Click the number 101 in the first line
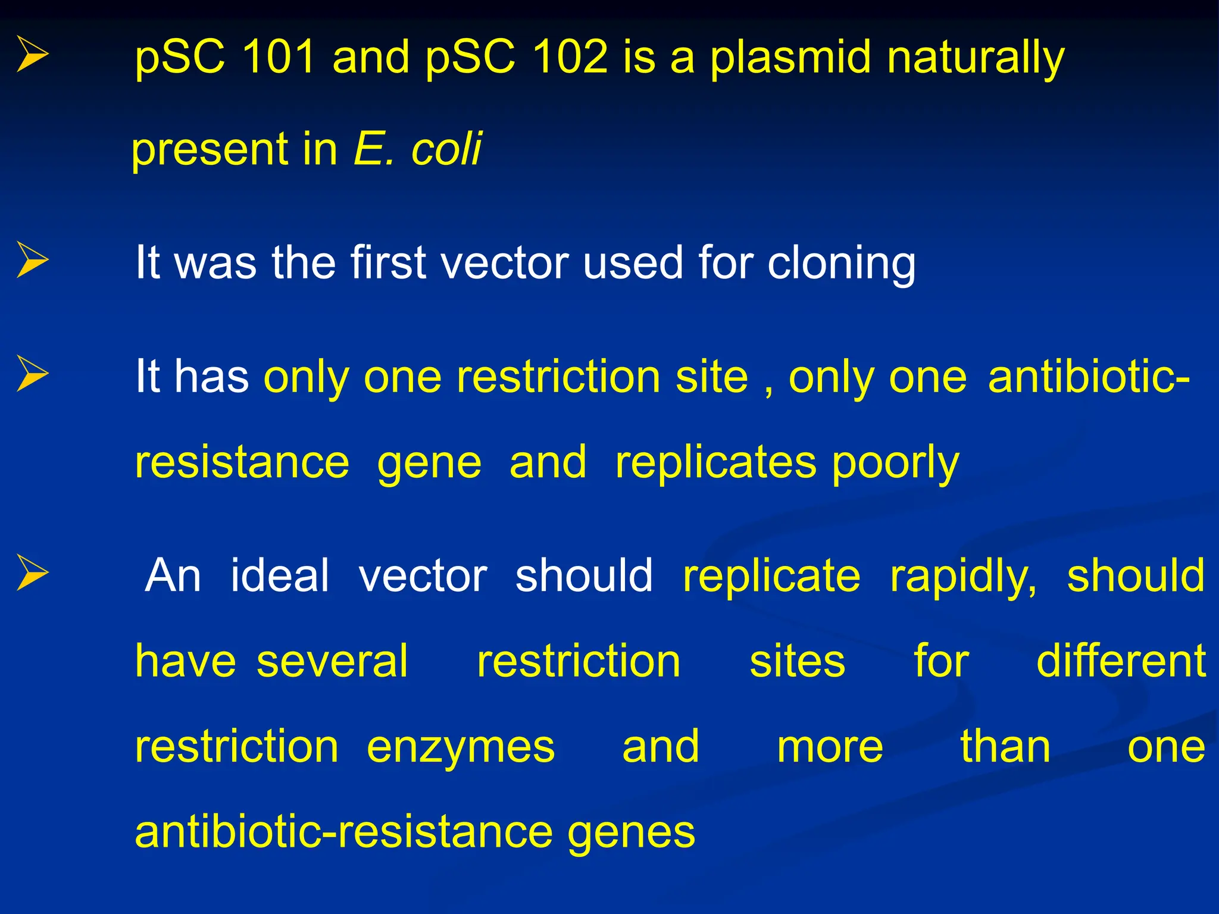[x=278, y=57]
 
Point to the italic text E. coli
[x=417, y=149]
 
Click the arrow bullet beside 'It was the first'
[x=32, y=260]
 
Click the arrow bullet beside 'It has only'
[x=32, y=374]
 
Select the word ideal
[x=279, y=575]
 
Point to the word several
[x=332, y=661]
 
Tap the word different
[x=1121, y=661]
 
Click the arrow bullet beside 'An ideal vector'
[x=32, y=572]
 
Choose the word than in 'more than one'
[x=1005, y=747]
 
